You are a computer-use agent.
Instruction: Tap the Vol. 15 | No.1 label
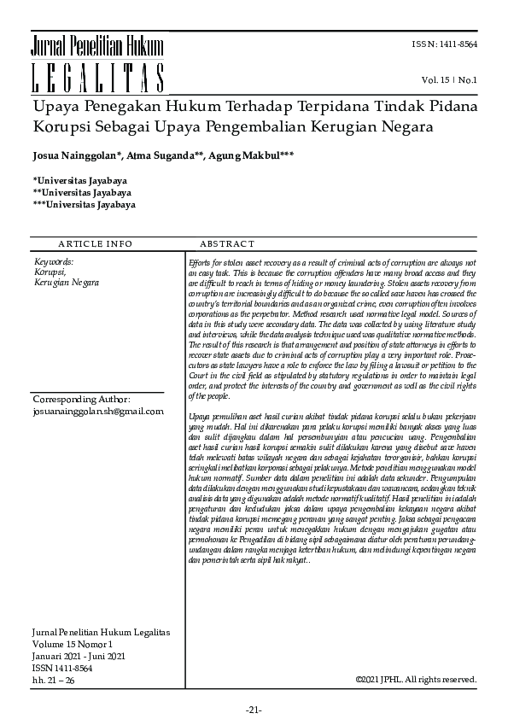pyautogui.click(x=448, y=80)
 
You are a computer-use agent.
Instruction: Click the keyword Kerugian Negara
pyautogui.click(x=67, y=282)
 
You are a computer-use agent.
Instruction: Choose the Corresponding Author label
pyautogui.click(x=81, y=399)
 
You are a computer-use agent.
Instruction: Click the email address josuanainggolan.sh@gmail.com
pyautogui.click(x=97, y=411)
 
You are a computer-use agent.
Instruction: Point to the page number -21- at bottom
pyautogui.click(x=254, y=710)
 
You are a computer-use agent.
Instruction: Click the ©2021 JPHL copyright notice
pyautogui.click(x=415, y=680)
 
